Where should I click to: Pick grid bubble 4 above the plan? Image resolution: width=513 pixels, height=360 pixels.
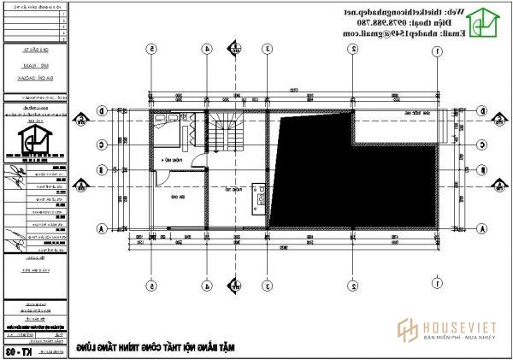205,50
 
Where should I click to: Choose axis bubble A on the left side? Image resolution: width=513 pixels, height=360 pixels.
101,228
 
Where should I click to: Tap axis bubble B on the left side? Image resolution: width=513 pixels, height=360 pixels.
101,182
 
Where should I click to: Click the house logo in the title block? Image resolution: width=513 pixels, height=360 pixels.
35,136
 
